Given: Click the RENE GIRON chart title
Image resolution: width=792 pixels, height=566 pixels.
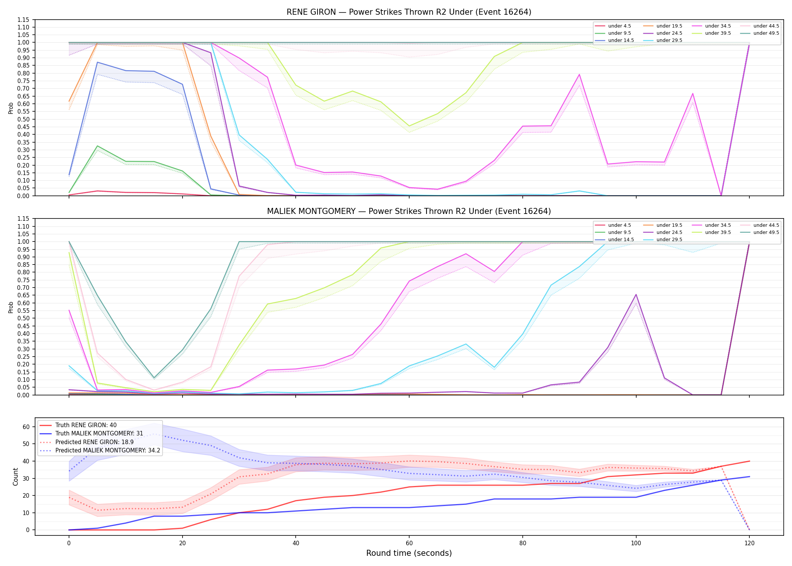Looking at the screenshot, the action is (409, 12).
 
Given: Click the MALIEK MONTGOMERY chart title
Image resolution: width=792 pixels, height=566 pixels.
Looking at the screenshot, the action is (409, 211).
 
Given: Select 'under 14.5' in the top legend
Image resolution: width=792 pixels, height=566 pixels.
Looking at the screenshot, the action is (615, 40).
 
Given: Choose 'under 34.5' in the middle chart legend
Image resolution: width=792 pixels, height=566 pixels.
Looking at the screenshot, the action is (711, 225).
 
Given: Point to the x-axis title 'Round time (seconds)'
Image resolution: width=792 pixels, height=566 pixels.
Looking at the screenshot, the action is (409, 553).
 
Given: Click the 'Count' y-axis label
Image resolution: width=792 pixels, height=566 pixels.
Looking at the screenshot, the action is (15, 477).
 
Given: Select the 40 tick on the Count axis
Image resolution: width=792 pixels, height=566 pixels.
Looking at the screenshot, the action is (26, 461).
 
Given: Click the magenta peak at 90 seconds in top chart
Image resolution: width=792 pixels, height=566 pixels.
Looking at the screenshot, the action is (579, 74).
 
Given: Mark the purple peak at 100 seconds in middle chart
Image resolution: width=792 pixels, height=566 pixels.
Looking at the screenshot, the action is (636, 294).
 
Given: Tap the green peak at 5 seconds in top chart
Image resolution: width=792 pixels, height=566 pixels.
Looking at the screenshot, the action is (97, 146).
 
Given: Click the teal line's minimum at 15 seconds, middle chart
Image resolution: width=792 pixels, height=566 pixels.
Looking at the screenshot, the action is (154, 378).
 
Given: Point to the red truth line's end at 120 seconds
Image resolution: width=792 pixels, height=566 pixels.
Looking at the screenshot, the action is (749, 461).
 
